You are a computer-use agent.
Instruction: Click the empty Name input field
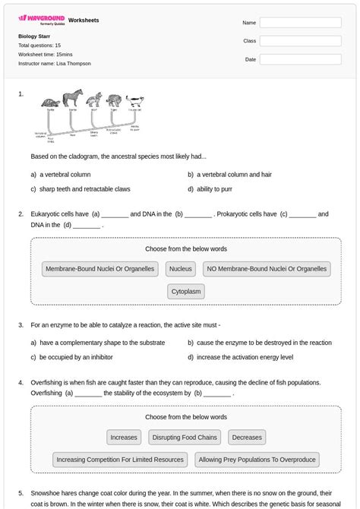300,23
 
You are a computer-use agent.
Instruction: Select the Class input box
300,41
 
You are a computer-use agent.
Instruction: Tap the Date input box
300,59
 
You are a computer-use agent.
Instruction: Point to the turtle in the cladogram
50,102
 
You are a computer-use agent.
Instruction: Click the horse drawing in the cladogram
73,100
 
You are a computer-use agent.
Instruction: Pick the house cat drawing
134,100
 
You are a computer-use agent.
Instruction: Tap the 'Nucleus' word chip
181,269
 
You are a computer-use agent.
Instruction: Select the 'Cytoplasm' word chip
186,292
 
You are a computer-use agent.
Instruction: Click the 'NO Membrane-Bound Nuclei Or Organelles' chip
267,269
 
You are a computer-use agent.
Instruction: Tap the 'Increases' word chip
124,438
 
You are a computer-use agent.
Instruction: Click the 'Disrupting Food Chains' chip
186,438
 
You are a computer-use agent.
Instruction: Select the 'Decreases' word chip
247,438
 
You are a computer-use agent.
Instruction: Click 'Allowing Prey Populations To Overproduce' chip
257,460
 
